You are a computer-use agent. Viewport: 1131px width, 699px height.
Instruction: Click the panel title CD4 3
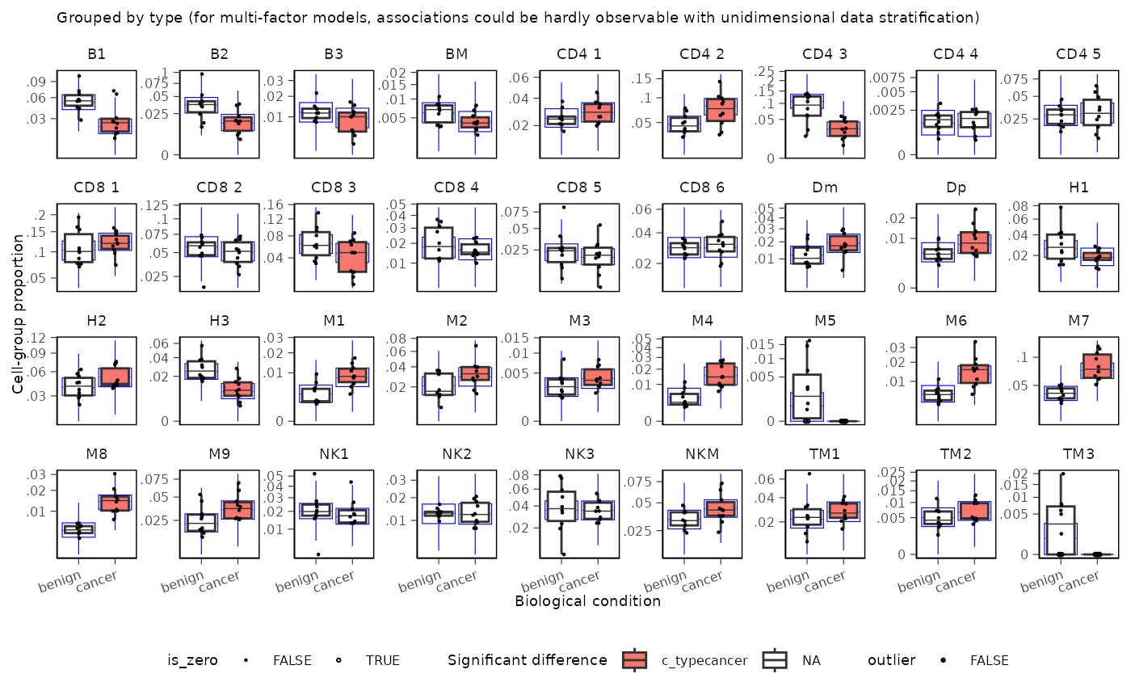pos(825,54)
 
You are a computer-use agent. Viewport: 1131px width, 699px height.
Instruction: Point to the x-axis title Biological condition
pos(587,601)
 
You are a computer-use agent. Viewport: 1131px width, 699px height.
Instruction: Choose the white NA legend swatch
pos(776,660)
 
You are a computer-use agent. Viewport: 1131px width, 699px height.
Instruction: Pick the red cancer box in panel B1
pos(114,125)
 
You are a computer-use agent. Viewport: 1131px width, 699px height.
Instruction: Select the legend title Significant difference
pos(527,660)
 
